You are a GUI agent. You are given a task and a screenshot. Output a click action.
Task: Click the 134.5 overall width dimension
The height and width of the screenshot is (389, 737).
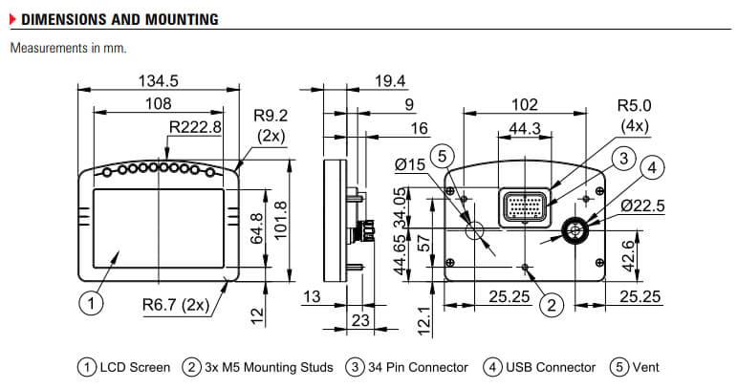158,80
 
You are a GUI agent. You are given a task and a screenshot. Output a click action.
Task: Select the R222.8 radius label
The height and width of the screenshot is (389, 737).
195,126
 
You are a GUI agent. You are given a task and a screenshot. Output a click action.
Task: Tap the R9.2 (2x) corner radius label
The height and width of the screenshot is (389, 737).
271,124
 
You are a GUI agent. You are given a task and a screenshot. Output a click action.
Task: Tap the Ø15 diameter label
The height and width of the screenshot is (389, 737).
409,166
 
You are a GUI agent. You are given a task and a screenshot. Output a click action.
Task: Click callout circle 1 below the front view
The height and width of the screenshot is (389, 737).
89,305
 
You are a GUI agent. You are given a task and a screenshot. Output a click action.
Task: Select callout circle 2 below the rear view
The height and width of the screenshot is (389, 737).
551,305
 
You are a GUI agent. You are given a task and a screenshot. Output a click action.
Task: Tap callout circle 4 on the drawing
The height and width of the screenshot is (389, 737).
651,169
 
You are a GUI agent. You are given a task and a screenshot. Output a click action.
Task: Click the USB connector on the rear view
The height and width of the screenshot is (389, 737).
576,229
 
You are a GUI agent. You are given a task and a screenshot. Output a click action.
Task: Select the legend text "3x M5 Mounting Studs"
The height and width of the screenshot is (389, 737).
268,367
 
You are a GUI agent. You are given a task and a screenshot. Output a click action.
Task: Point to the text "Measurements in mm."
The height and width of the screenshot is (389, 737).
68,47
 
